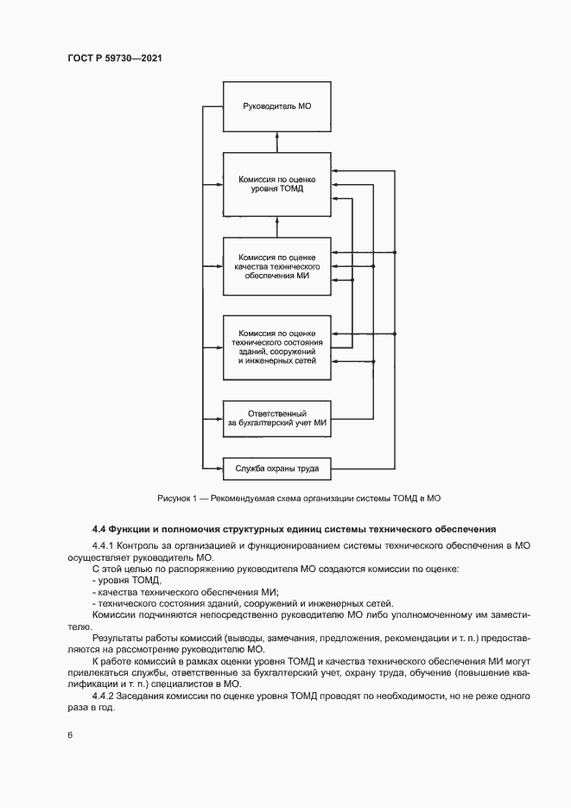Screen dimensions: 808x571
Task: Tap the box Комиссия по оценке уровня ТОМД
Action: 276,185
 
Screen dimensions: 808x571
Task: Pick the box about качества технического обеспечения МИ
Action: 276,267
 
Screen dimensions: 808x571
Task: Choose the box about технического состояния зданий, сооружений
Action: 276,347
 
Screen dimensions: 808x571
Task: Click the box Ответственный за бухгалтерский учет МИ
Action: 276,417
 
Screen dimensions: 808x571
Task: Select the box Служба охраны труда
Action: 276,469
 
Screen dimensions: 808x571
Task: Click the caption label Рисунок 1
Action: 179,499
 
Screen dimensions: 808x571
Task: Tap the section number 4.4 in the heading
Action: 99,528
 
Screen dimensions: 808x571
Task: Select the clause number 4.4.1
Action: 103,547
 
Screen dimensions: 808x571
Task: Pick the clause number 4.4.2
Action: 103,694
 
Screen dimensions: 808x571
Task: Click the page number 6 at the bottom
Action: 70,735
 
